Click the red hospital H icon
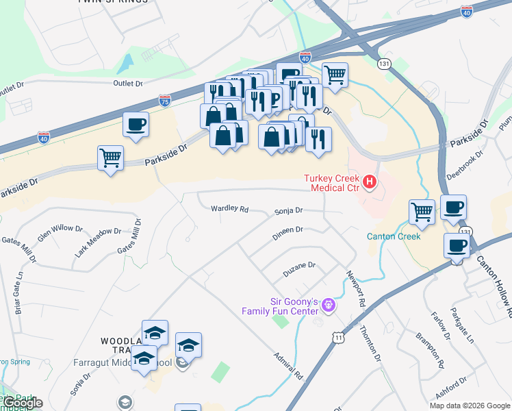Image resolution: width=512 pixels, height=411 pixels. coord(370,182)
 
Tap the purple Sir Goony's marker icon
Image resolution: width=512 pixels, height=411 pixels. coord(329,303)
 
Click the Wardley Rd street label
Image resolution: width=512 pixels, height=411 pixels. coord(229,208)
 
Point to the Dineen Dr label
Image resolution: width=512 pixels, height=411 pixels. coord(287,230)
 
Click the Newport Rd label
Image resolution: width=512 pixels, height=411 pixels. coord(355,288)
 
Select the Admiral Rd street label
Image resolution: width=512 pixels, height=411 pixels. coord(287,366)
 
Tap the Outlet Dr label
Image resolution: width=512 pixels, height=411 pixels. coord(128,84)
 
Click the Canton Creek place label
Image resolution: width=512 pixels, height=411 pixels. coord(393,236)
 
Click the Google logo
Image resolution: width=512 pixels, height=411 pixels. coord(22,403)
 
